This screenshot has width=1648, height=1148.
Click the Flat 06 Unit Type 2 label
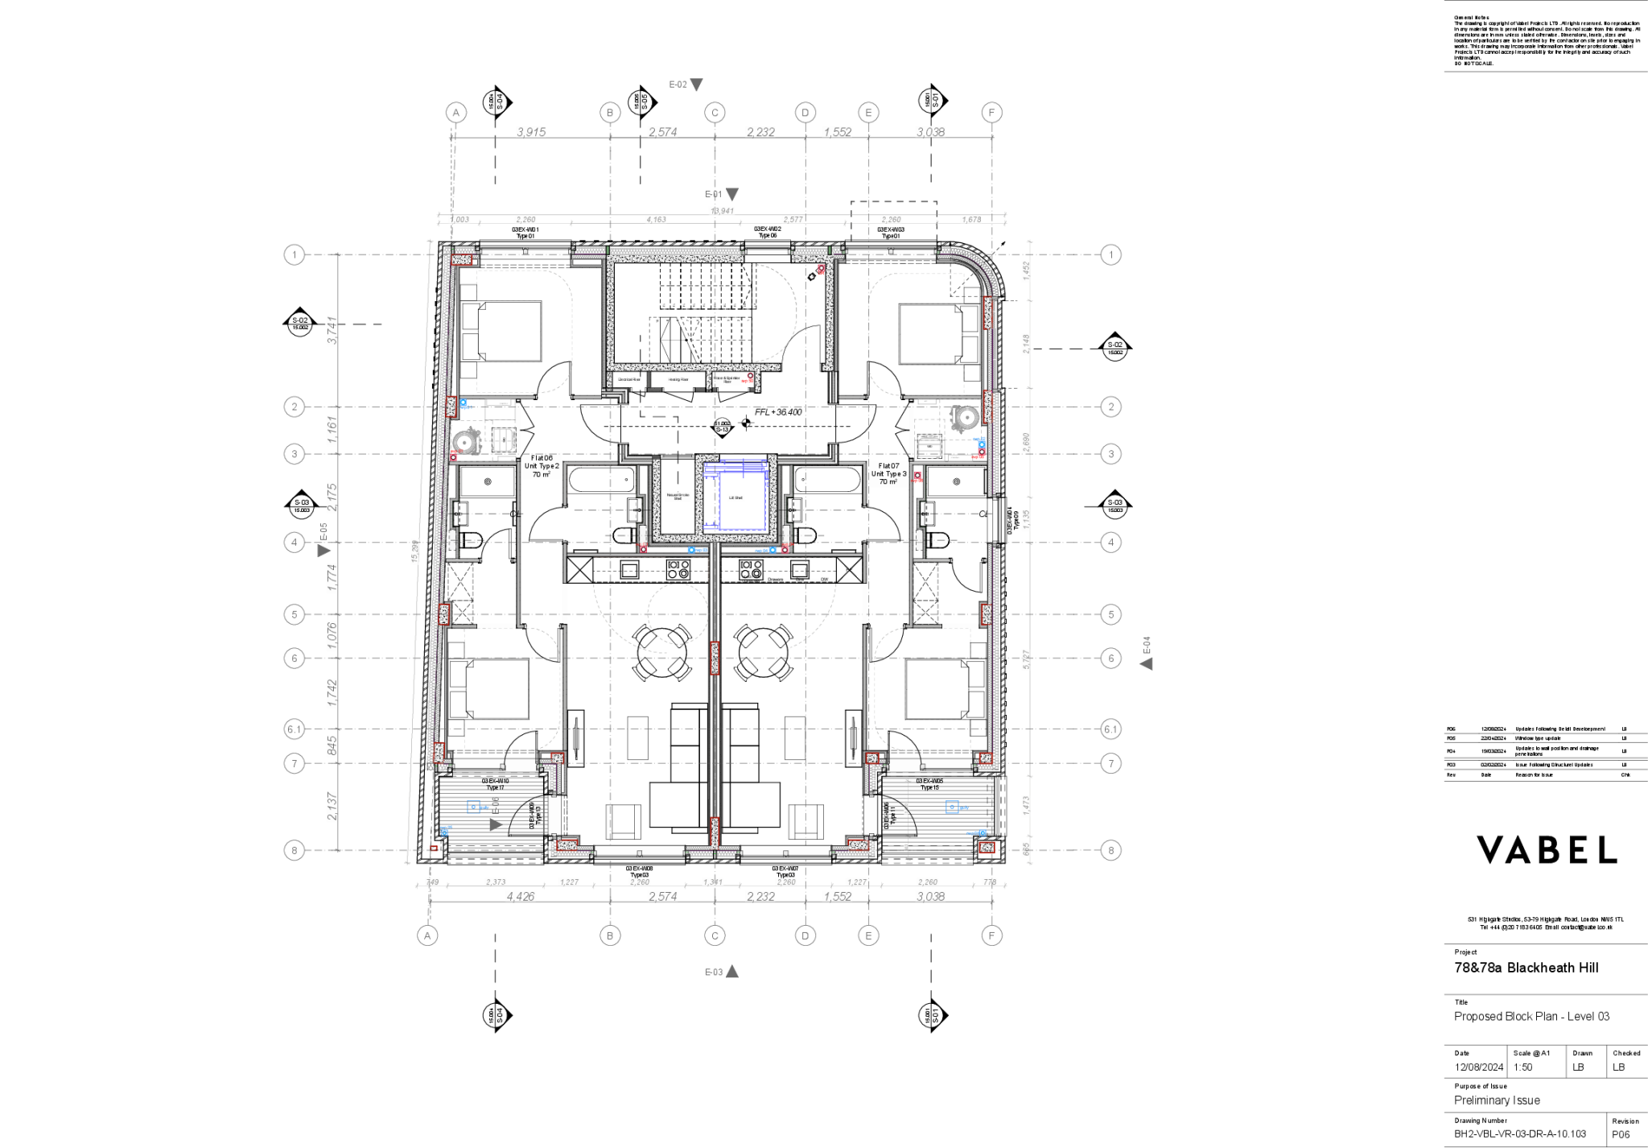point(542,466)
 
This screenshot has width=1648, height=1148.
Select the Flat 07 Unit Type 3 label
point(888,473)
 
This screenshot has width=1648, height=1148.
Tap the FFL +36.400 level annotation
point(777,411)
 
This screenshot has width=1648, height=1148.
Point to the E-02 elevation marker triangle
point(697,85)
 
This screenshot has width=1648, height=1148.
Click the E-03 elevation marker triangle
point(732,972)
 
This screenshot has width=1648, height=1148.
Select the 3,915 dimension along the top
point(531,131)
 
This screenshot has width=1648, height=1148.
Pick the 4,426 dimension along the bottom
point(520,896)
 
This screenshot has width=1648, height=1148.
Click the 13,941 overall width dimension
point(722,210)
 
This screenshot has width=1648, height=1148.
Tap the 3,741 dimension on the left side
point(332,330)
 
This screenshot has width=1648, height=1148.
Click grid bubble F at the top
point(991,113)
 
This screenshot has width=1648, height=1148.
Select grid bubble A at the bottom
point(428,935)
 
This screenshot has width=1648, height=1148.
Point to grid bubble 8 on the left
point(295,850)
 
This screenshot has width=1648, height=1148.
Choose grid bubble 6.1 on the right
point(1110,729)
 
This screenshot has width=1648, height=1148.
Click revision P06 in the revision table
point(1451,729)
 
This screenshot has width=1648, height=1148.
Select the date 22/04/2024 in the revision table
point(1493,738)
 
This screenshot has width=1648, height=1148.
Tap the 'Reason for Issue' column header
point(1534,775)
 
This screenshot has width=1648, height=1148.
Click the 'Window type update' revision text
point(1538,738)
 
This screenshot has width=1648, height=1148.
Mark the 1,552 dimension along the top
point(837,131)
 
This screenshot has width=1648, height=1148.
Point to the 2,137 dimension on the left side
point(332,806)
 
